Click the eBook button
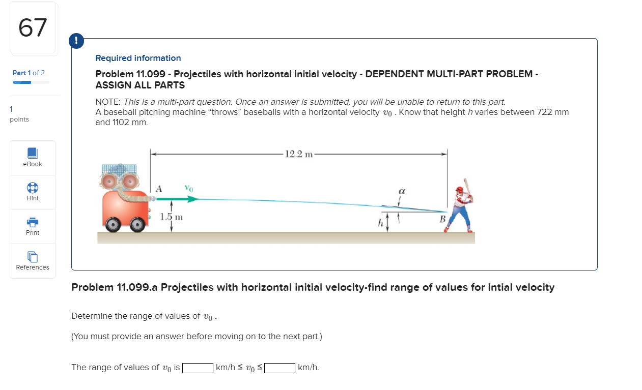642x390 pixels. [x=33, y=158]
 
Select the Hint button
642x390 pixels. [x=33, y=192]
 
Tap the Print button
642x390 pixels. [x=33, y=226]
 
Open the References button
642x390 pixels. [x=33, y=261]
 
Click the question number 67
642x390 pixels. [x=33, y=28]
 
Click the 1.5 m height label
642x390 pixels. [x=171, y=217]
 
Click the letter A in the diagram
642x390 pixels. [x=159, y=189]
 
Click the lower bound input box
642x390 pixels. [x=198, y=368]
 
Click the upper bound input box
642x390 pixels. [x=280, y=368]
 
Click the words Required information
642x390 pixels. [x=138, y=58]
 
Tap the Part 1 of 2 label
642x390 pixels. [x=29, y=73]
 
